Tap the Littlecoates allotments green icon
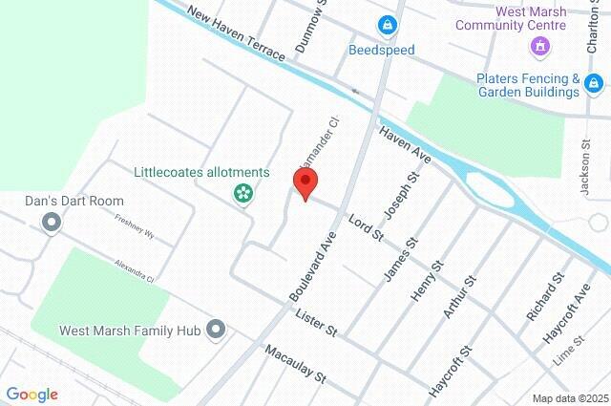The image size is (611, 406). click(244, 194)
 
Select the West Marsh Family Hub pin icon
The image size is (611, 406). click(217, 331)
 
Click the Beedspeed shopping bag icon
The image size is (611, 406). click(386, 24)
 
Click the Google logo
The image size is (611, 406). click(32, 395)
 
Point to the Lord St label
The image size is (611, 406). click(365, 226)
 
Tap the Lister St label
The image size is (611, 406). click(316, 323)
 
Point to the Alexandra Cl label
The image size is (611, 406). click(134, 269)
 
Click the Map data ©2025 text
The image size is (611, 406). click(569, 398)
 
